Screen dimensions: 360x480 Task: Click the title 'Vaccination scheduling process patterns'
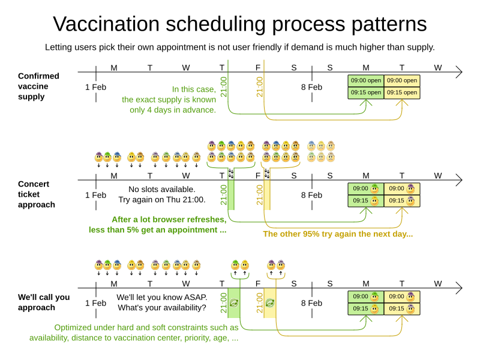tap(240, 24)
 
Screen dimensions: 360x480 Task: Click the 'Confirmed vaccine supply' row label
tap(38, 86)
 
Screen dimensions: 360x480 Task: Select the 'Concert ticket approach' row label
tap(37, 194)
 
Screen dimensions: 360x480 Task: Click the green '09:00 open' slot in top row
tap(365, 80)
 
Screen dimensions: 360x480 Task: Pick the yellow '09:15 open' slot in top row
tap(402, 92)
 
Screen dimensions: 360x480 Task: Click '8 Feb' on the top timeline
tap(311, 87)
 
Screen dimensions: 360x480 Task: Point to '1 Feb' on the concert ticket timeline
tap(95, 195)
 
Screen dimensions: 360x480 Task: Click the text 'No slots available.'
tap(162, 190)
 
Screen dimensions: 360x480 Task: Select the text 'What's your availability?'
tap(161, 308)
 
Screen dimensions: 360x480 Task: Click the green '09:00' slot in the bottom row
tap(365, 296)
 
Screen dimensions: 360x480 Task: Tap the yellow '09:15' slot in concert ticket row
tap(402, 200)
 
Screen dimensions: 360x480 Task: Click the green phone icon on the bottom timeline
tap(234, 304)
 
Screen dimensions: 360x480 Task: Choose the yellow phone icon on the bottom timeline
tap(270, 304)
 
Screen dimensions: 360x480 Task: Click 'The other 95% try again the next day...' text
tap(338, 234)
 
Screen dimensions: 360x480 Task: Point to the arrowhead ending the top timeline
tap(459, 73)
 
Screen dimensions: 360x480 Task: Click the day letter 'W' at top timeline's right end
tap(438, 68)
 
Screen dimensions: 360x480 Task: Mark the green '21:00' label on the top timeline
tap(224, 87)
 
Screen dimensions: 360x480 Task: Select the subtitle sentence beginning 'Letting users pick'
tap(240, 47)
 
